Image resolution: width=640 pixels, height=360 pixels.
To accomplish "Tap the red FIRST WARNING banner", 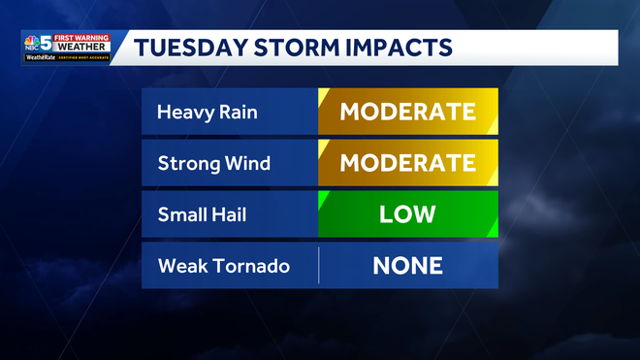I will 83,38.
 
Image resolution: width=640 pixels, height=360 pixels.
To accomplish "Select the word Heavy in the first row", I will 180,114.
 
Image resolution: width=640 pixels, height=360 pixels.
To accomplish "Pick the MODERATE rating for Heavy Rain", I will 407,112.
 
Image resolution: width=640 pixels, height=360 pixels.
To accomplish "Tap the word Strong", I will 184,163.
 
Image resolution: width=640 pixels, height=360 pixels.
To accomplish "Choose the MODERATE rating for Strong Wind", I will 407,162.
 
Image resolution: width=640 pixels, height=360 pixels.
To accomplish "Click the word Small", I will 179,213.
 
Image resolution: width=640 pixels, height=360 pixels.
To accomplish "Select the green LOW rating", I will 407,213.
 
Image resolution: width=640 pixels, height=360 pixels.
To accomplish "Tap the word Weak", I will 179,265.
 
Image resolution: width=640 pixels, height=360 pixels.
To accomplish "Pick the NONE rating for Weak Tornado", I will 407,265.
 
